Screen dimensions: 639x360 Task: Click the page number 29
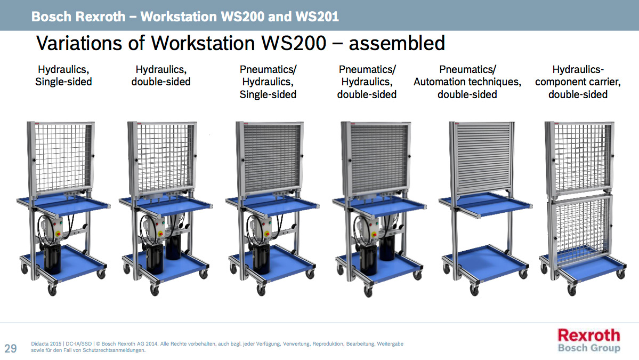click(x=11, y=349)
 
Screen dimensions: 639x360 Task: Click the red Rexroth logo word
click(x=589, y=335)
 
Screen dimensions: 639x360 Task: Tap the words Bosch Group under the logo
click(x=589, y=348)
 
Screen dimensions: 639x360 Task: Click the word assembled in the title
click(x=397, y=43)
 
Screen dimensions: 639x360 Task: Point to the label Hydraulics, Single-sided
click(x=63, y=75)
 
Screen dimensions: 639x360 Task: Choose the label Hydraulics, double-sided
click(x=161, y=75)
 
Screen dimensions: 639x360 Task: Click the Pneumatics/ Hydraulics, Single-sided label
click(x=268, y=82)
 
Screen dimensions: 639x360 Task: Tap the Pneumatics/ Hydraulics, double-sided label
click(x=367, y=82)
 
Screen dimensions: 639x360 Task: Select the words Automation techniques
click(x=467, y=82)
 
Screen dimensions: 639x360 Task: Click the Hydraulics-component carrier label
click(x=578, y=82)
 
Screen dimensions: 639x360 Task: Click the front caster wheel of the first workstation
click(x=52, y=290)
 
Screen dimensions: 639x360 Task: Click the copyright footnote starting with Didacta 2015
click(x=217, y=347)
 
